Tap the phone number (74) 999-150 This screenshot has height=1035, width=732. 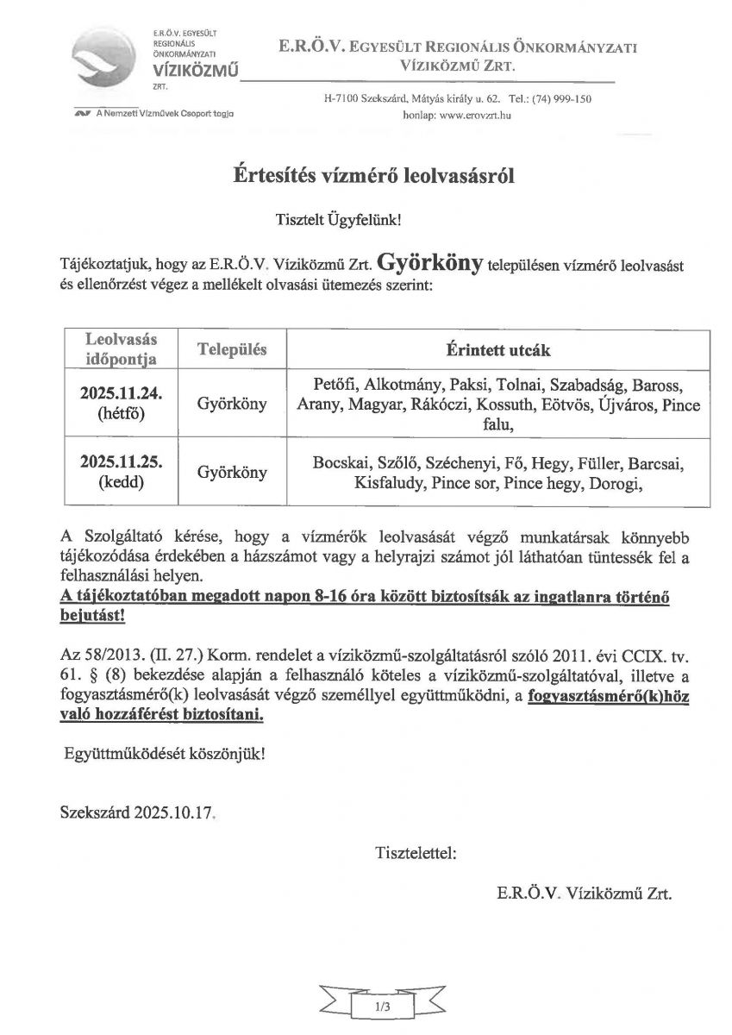coord(562,99)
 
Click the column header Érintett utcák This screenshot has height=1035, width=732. coord(498,352)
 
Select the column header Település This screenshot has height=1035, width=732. coord(233,350)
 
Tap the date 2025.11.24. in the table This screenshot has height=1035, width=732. coord(122,393)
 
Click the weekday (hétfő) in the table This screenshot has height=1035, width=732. coord(122,414)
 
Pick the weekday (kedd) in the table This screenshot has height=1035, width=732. coord(122,483)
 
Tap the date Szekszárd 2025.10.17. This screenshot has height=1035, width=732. coord(136,812)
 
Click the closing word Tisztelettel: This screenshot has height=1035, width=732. coord(416,854)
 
